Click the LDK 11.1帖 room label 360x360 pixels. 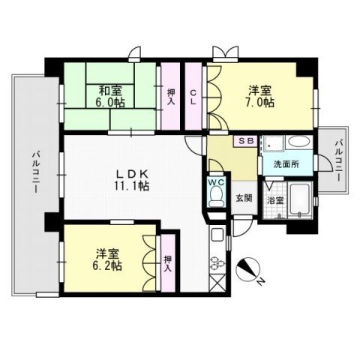click(132, 179)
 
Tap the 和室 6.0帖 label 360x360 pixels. click(109, 99)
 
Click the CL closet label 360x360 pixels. click(193, 97)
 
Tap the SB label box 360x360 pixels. click(246, 140)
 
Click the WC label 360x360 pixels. click(215, 181)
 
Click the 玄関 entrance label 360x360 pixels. click(244, 198)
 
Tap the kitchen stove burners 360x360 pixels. click(217, 263)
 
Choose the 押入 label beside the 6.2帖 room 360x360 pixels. click(167, 263)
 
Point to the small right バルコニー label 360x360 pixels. click(339, 156)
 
